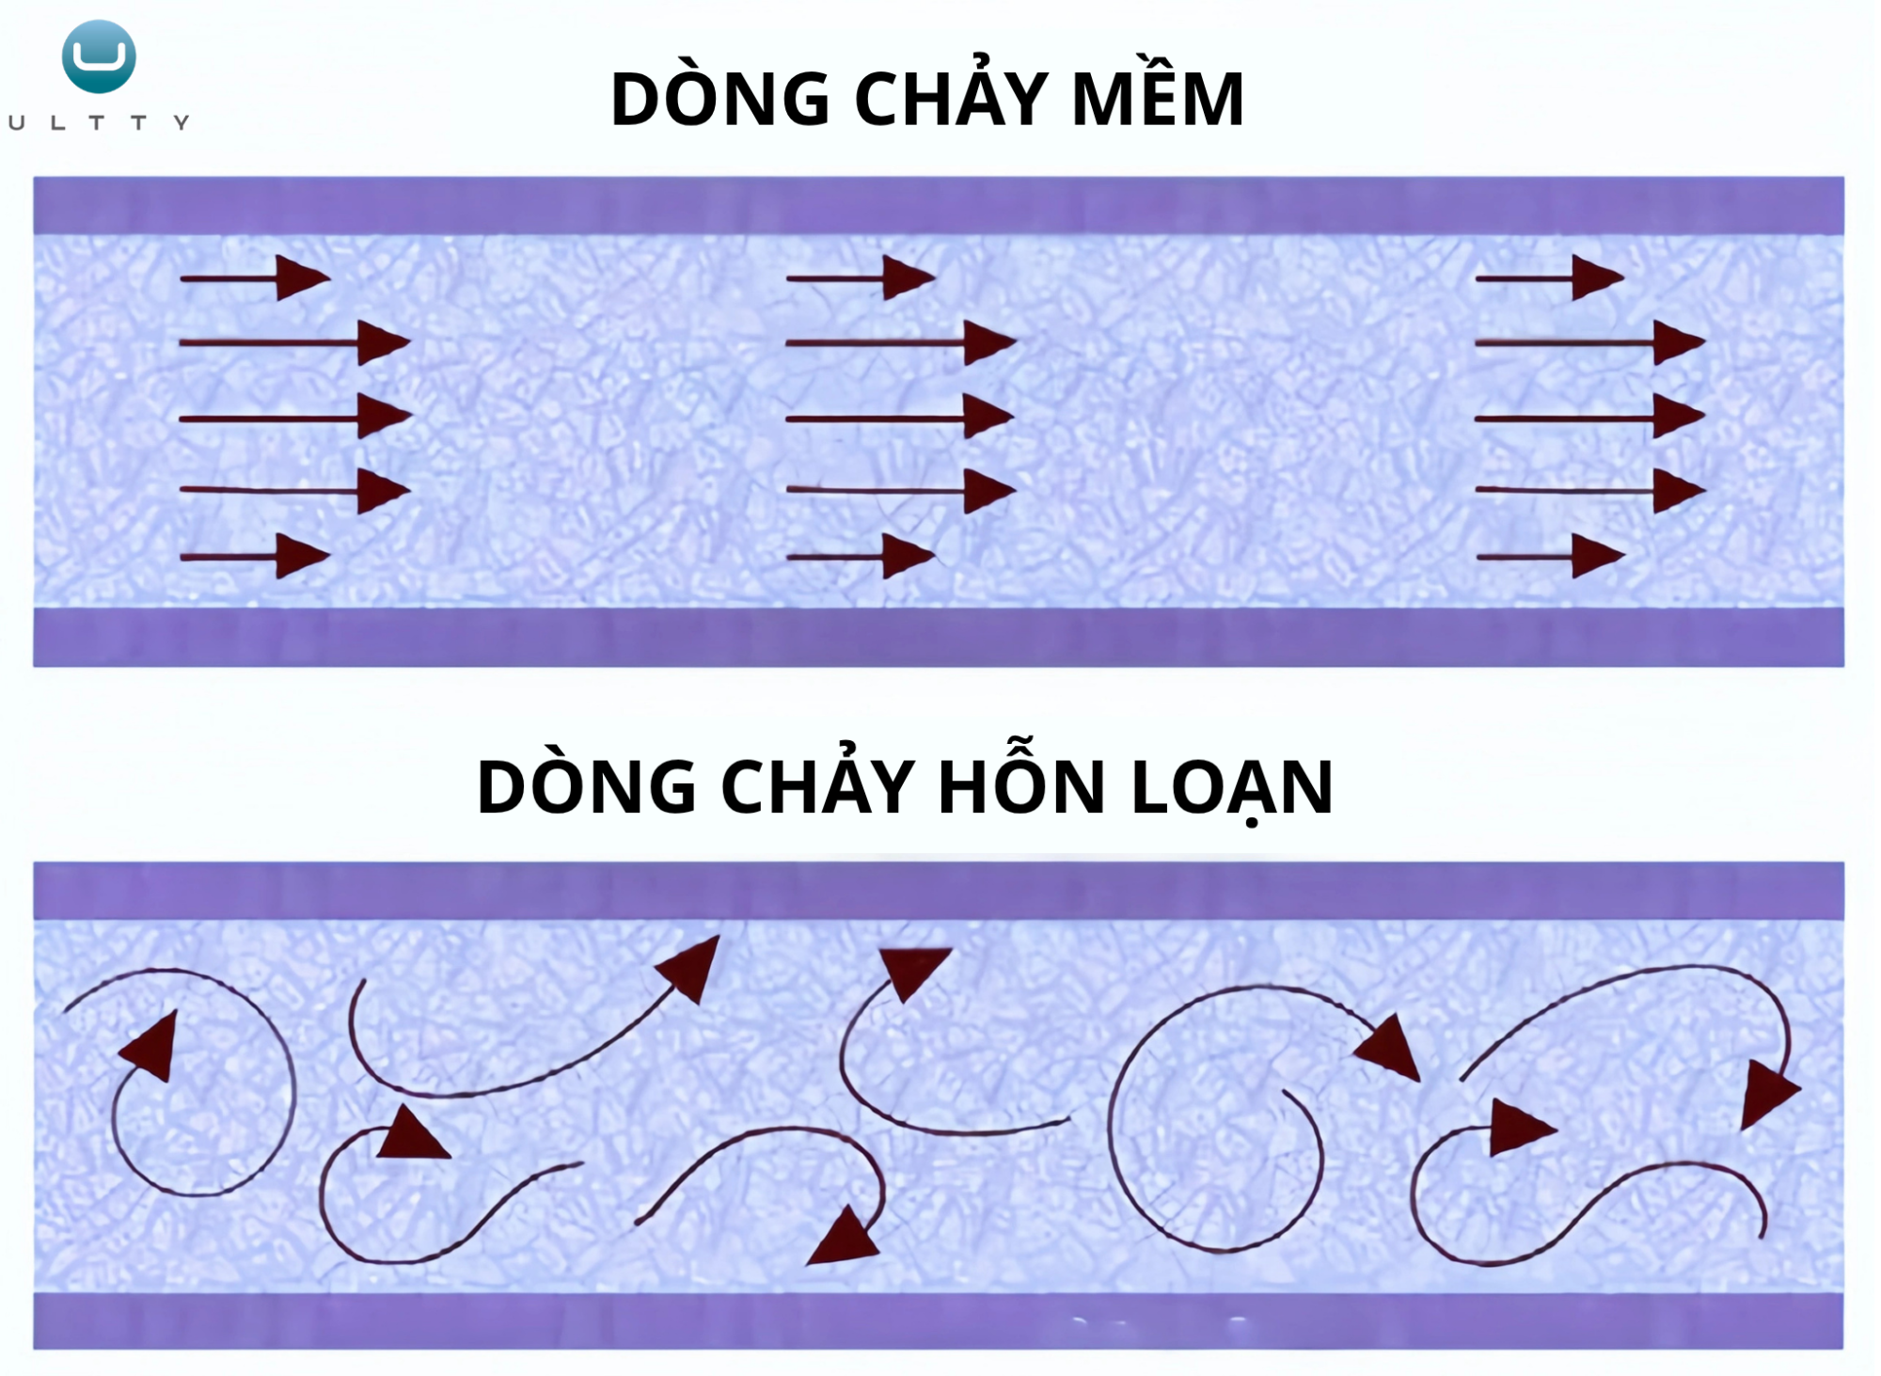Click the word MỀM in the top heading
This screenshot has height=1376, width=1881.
1158,99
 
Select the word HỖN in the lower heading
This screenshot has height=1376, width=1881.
1020,787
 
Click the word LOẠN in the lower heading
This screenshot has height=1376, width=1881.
1232,787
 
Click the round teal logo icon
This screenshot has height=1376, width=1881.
99,56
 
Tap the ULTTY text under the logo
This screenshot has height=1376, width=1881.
99,122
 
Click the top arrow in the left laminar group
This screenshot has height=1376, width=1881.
254,278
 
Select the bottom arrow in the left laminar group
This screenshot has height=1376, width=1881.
254,557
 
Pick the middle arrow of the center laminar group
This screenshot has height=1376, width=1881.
899,417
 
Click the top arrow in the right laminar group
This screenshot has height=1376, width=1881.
1549,278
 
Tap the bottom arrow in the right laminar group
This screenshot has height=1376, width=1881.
1550,557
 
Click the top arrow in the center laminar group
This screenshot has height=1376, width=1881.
861,278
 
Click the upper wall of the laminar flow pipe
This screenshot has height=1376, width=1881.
939,205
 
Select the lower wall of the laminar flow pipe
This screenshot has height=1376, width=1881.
939,638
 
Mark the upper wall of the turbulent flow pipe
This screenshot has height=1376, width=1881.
939,890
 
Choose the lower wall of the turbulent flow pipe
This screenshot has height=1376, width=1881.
939,1321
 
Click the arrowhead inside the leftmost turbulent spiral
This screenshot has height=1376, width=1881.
153,1046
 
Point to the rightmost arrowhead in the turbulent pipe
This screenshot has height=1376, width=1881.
1768,1093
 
